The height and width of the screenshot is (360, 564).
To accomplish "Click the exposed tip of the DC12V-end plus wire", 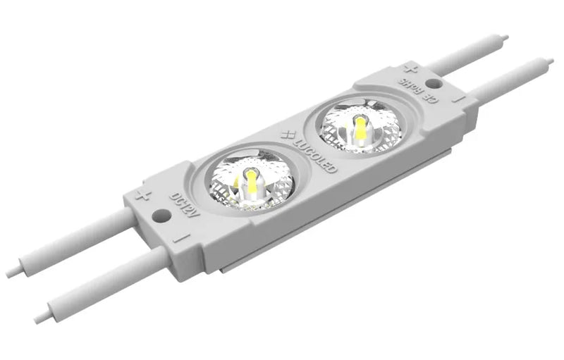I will pyautogui.click(x=12, y=270).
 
